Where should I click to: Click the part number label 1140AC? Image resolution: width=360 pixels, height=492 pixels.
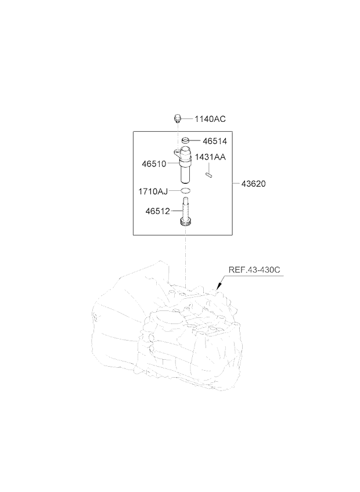tap(210, 119)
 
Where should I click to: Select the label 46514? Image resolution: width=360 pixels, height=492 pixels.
tap(215, 141)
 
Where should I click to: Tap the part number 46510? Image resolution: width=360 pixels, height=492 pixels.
tap(154, 164)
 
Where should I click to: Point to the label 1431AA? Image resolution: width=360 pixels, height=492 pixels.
tap(210, 157)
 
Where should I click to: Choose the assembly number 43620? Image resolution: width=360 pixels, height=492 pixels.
tap(253, 183)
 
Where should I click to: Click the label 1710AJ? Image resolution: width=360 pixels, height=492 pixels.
tap(153, 191)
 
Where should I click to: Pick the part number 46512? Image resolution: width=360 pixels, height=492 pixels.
tap(157, 211)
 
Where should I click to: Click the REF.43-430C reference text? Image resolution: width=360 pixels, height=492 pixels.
tap(254, 270)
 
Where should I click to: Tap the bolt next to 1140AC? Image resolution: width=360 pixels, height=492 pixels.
tap(178, 119)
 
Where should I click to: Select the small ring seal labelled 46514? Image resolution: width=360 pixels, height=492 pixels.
tap(186, 140)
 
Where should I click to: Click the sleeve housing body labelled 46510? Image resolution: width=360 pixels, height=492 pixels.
tap(186, 166)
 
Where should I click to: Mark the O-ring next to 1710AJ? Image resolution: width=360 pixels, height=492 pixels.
tap(186, 190)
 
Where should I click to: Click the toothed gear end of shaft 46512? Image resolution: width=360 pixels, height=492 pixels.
tap(185, 223)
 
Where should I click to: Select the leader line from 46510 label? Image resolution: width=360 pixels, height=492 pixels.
tap(173, 163)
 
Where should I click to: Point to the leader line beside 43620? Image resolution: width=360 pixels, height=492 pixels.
tap(236, 183)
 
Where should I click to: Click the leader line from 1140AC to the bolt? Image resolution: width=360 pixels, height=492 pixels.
tap(187, 119)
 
